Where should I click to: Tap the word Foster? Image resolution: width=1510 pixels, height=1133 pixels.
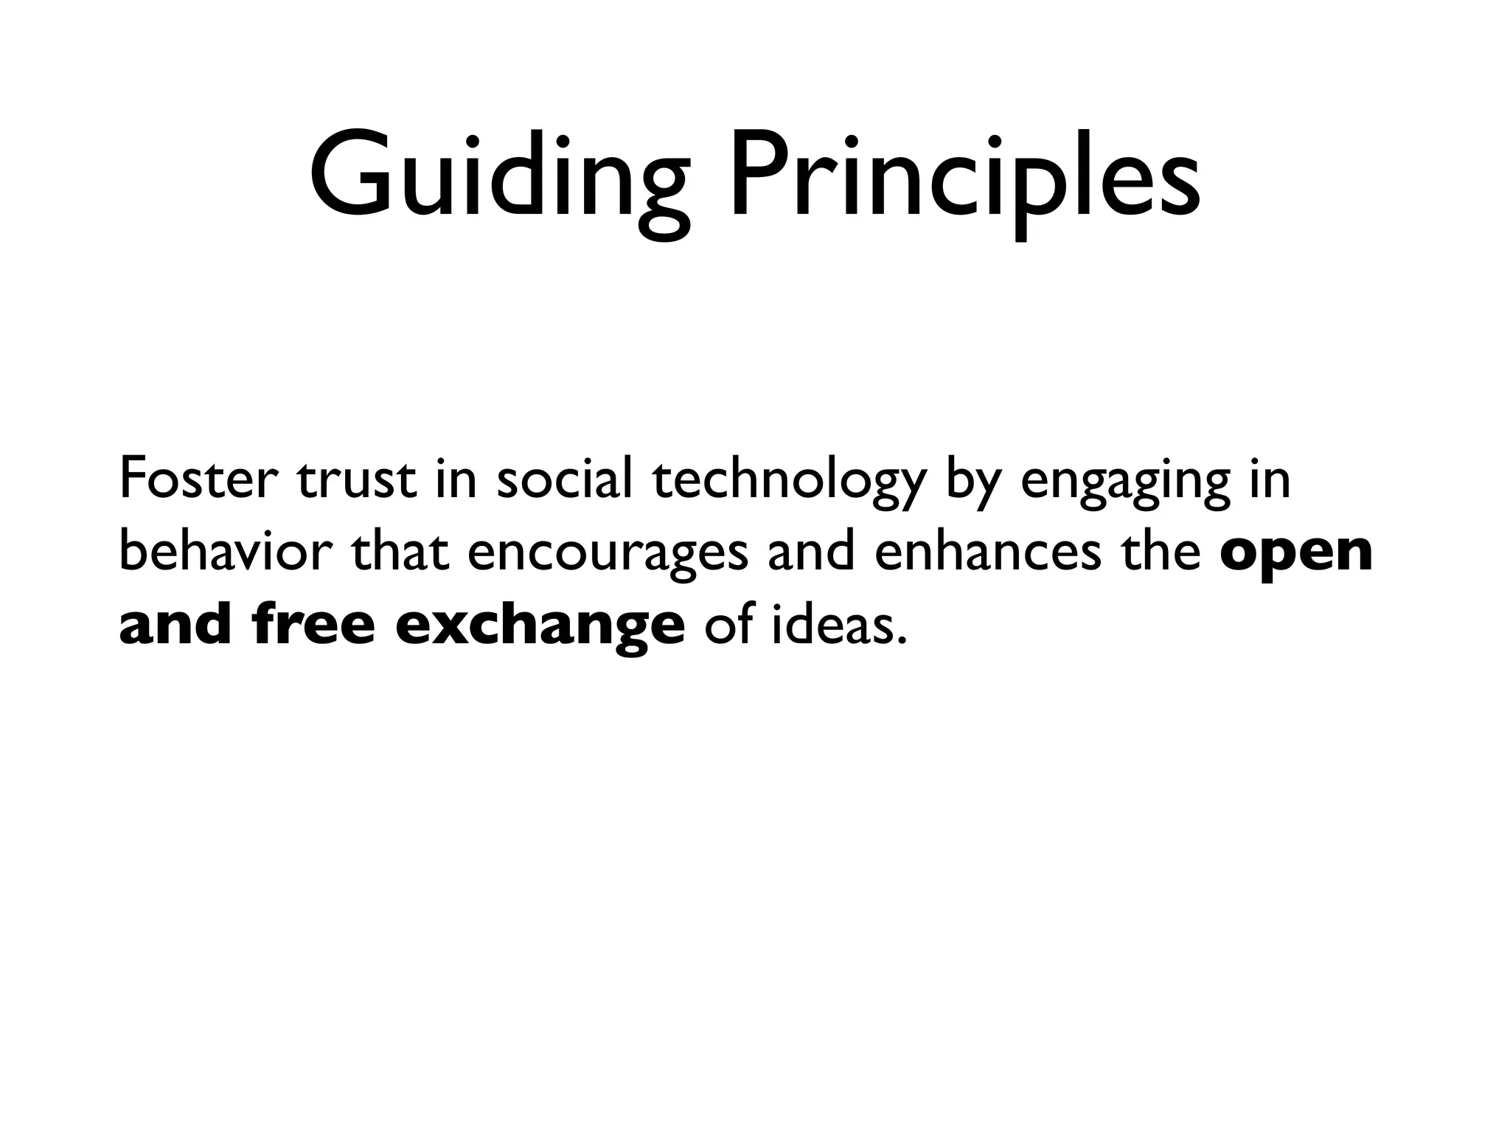pos(198,479)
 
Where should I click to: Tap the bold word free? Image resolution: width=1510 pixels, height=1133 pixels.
pos(313,625)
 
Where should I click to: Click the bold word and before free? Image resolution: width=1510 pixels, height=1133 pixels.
pos(175,625)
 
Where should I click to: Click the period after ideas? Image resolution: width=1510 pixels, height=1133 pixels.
pos(899,640)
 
